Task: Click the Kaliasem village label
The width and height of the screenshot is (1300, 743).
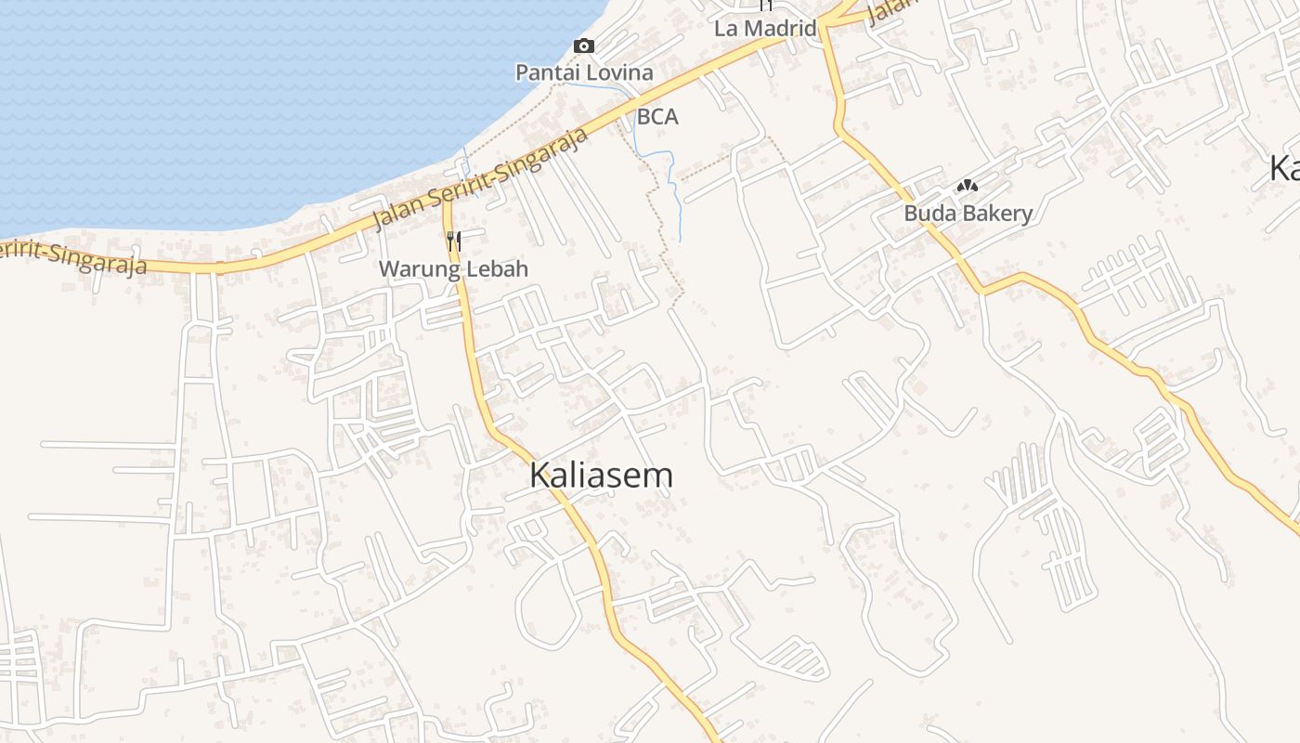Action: [601, 475]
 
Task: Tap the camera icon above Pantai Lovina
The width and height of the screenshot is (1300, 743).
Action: [584, 46]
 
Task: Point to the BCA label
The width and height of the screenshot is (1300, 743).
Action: [657, 117]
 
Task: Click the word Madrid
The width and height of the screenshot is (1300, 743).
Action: [780, 28]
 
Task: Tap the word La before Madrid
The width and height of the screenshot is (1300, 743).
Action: [725, 28]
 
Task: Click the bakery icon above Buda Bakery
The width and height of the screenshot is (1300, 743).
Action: [968, 187]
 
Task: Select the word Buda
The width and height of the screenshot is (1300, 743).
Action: [925, 214]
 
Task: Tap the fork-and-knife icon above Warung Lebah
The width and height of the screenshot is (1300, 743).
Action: [453, 241]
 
